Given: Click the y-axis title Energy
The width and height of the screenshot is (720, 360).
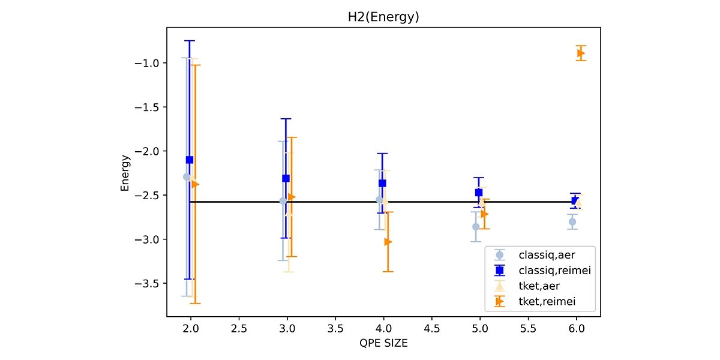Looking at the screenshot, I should [125, 173].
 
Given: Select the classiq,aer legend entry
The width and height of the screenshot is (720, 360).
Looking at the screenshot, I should [538, 255].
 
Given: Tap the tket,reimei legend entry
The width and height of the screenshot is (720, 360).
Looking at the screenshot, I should [538, 302].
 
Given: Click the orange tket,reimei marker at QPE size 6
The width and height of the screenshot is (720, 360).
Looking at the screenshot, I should [581, 53].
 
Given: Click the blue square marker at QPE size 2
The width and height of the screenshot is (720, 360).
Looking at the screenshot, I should [190, 160].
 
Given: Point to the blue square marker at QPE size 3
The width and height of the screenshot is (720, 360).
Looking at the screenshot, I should [286, 178].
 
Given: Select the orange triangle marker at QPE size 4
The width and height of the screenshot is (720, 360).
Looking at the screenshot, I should [388, 242].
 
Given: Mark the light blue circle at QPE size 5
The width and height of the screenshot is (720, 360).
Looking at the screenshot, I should [476, 227].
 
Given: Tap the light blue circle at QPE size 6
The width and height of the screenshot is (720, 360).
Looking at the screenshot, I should [573, 222].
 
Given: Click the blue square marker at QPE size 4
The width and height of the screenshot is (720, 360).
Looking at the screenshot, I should [382, 183].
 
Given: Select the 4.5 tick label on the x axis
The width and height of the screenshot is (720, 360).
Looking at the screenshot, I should [432, 329].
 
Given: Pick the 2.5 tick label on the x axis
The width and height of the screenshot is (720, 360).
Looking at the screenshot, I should [239, 329].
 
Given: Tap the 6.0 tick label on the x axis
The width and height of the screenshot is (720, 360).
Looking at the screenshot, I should [577, 329].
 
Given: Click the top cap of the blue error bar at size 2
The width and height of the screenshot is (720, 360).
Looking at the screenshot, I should [190, 41].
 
